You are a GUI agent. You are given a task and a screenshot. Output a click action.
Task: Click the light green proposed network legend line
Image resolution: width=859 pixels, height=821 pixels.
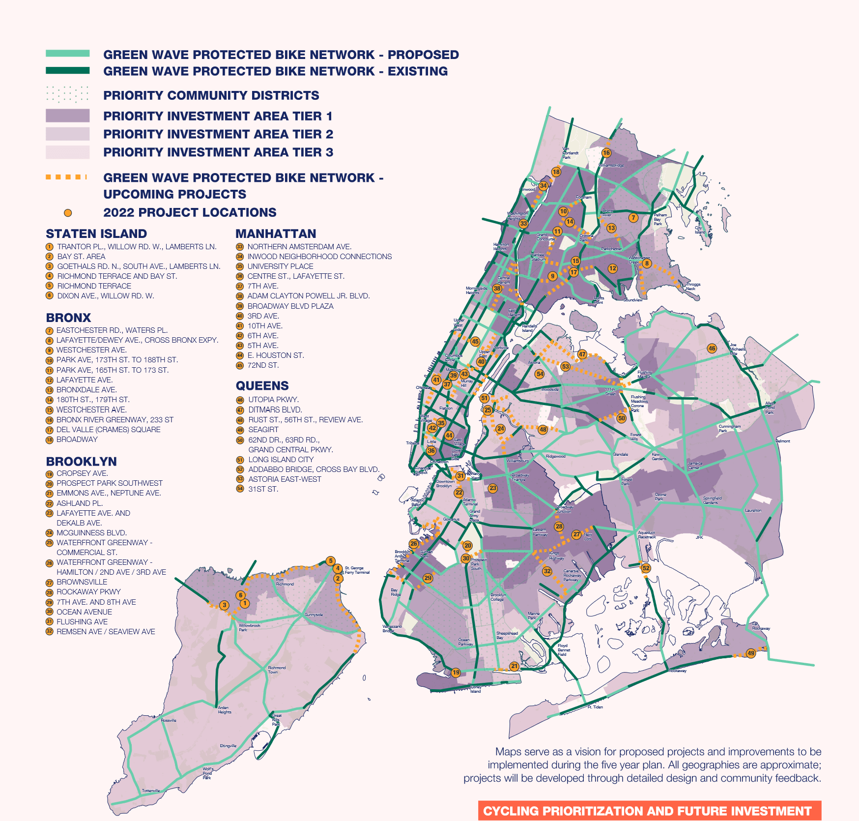tap(68, 53)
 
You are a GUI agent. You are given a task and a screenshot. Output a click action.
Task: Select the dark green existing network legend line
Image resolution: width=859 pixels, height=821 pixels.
tap(68, 70)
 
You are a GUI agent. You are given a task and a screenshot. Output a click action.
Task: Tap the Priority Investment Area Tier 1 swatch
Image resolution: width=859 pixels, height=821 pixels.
tap(68, 116)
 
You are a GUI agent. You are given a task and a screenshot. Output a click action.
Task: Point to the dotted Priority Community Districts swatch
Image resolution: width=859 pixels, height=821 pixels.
tap(68, 94)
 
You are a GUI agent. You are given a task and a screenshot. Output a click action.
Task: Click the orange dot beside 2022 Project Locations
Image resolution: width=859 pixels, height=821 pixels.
tap(68, 213)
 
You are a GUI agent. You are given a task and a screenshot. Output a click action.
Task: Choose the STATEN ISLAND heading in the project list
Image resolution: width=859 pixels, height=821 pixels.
tap(96, 234)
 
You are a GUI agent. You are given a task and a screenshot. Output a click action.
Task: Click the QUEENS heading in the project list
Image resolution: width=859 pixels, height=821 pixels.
tap(262, 386)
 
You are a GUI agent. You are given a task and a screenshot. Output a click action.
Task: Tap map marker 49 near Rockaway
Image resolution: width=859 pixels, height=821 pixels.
tap(750, 653)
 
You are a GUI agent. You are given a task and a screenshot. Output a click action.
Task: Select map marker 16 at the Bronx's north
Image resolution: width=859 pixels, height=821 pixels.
tap(606, 153)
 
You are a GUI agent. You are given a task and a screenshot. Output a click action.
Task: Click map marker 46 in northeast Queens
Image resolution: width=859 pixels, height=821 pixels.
tap(712, 349)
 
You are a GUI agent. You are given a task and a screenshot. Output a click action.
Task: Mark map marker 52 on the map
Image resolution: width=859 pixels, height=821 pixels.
tap(646, 568)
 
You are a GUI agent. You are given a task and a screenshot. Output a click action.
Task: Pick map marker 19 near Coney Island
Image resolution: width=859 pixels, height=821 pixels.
tap(456, 673)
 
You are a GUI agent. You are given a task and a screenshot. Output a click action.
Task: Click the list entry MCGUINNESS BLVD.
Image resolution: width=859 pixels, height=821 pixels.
tap(91, 533)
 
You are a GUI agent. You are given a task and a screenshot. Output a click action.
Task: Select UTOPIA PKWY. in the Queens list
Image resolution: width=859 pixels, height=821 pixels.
tap(273, 400)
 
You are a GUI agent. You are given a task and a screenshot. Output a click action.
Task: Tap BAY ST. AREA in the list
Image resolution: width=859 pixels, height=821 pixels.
tap(81, 257)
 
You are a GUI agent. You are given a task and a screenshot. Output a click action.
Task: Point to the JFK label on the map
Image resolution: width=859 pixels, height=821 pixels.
tap(699, 537)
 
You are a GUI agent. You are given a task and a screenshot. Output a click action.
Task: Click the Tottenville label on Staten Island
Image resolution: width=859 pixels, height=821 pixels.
tap(151, 791)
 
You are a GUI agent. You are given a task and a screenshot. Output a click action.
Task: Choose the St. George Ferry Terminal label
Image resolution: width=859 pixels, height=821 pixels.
tap(357, 570)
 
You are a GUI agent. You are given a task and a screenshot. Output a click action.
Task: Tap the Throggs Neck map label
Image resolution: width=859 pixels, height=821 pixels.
tap(693, 287)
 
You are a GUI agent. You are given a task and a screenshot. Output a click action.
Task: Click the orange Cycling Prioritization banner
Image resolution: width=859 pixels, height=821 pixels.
tap(649, 811)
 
